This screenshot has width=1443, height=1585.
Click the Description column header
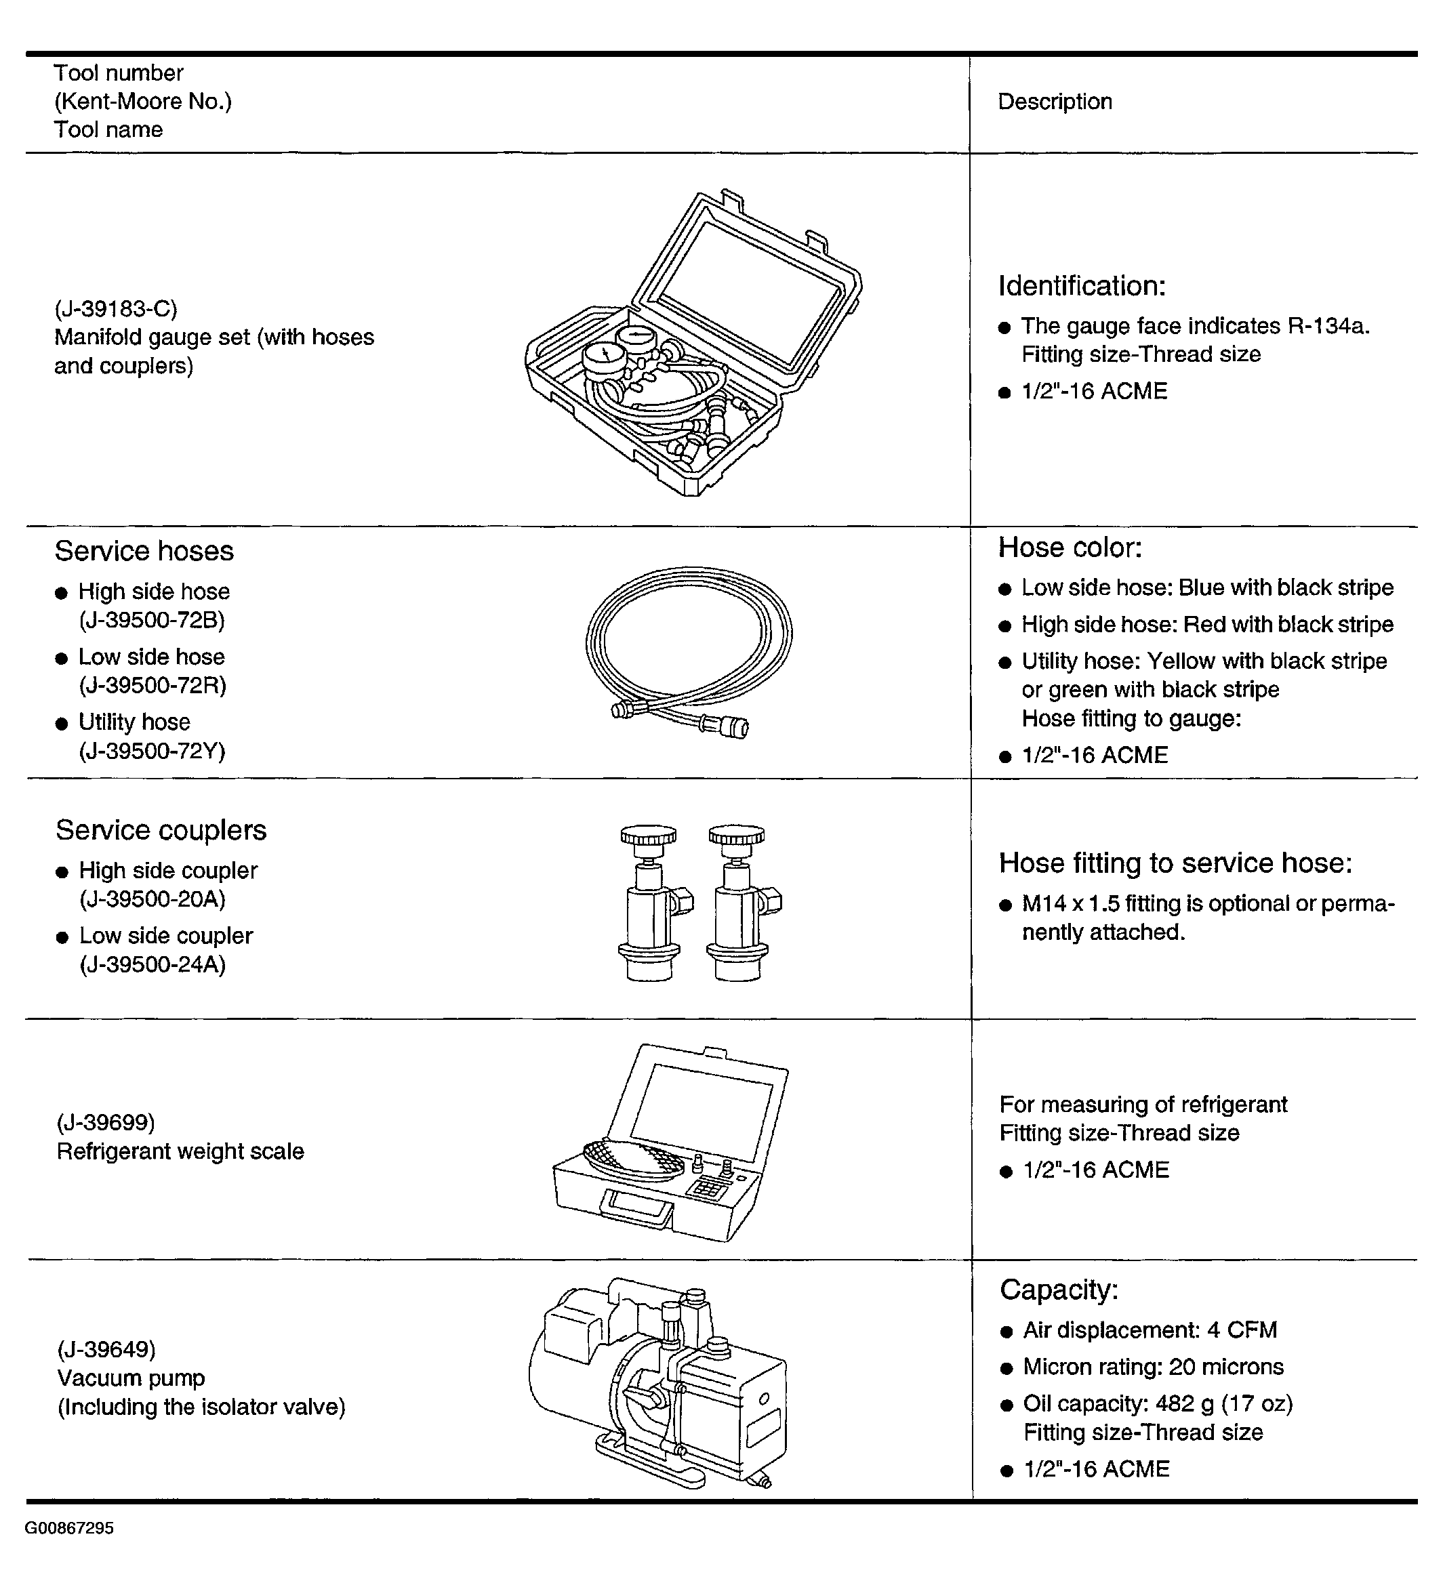[x=1055, y=102]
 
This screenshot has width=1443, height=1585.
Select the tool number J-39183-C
[x=116, y=308]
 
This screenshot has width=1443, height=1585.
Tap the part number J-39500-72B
[x=152, y=620]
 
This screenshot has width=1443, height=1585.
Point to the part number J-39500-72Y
[x=152, y=751]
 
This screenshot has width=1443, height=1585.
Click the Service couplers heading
[x=161, y=830]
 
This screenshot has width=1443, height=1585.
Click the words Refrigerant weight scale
[x=180, y=1151]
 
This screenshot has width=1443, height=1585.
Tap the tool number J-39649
[x=106, y=1349]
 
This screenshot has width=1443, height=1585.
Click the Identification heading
[x=1082, y=286]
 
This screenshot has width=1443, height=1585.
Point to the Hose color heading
[x=1070, y=548]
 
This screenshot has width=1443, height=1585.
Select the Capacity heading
[x=1059, y=1290]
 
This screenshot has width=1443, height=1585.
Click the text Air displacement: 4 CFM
[x=1150, y=1330]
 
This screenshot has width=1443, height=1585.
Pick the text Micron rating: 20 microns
[x=1153, y=1366]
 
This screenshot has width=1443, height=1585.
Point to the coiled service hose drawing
[x=689, y=653]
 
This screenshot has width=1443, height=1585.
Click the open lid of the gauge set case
[x=747, y=291]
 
